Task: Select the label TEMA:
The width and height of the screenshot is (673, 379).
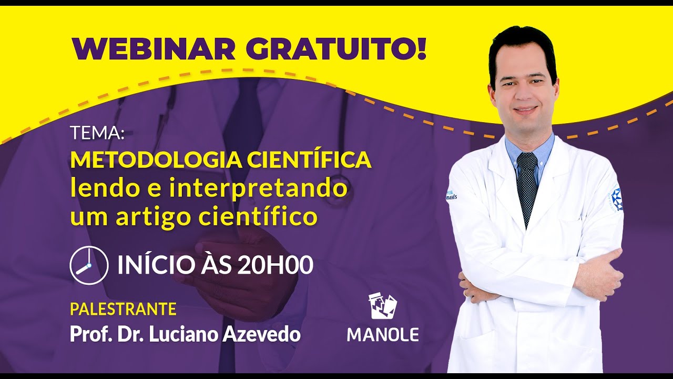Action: (x=97, y=133)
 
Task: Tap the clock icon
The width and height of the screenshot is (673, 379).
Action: (x=89, y=265)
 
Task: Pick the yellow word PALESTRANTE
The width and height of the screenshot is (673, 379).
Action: (x=123, y=309)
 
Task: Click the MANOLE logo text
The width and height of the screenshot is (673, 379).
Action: (x=383, y=335)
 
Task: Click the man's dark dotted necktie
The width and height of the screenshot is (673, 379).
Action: (x=527, y=184)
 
